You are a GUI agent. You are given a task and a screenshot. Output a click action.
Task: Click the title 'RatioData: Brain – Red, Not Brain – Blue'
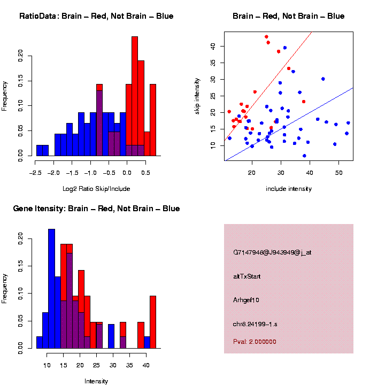96,16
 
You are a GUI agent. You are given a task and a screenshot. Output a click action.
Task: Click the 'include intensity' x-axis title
289,189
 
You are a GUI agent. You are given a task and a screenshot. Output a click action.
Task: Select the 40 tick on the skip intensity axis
218,47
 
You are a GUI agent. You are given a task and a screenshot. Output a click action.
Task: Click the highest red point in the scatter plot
266,37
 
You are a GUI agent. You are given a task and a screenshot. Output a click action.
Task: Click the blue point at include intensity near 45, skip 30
323,79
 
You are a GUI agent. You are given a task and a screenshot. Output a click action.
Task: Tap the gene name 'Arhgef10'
247,300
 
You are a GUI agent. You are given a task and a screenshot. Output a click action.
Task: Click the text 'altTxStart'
247,276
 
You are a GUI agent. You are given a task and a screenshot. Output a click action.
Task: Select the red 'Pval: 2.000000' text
255,341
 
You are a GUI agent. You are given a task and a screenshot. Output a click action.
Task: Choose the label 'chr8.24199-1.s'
255,324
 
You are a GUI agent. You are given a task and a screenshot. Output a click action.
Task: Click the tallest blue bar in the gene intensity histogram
51,289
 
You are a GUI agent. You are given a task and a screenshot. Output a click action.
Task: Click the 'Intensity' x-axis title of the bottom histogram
96,381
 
